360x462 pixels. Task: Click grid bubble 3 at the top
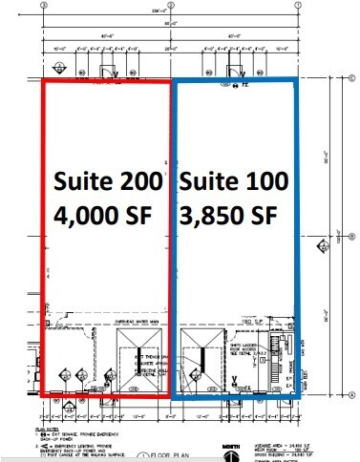click(x=45, y=5)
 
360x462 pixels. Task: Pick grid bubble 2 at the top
click(x=172, y=5)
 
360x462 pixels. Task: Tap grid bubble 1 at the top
click(x=299, y=5)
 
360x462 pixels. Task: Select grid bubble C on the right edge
click(x=352, y=80)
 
